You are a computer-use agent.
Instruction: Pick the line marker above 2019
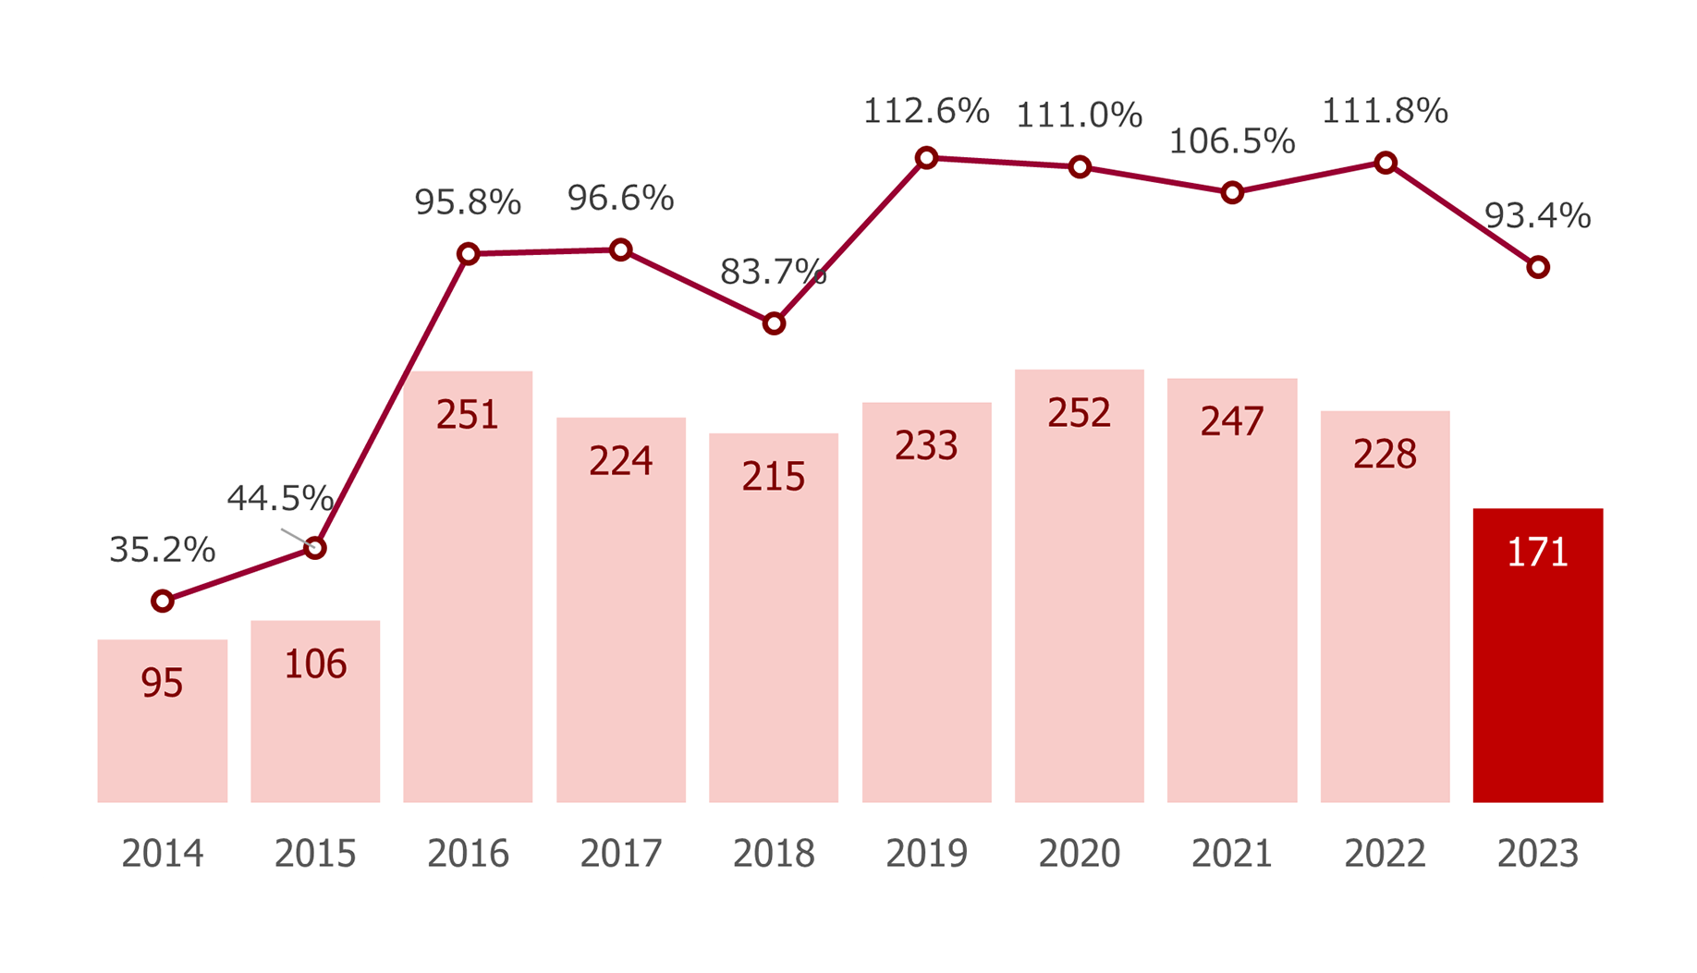click(x=926, y=158)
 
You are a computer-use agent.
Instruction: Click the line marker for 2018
click(x=774, y=323)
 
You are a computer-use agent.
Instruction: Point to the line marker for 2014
click(x=162, y=602)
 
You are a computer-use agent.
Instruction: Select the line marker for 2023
click(x=1537, y=267)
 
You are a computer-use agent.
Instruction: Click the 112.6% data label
click(x=925, y=111)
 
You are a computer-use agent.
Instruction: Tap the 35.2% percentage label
click(x=162, y=550)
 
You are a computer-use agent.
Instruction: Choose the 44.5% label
click(x=279, y=499)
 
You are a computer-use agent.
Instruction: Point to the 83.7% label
click(x=772, y=272)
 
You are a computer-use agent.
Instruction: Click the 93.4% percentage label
click(x=1536, y=216)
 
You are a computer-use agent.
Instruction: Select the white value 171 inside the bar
click(x=1537, y=553)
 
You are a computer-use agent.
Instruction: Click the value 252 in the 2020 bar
click(x=1079, y=413)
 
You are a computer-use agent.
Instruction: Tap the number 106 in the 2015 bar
click(x=315, y=664)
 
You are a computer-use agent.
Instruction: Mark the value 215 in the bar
click(x=774, y=477)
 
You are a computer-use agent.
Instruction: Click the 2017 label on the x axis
click(x=620, y=854)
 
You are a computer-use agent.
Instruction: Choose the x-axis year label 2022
click(x=1385, y=854)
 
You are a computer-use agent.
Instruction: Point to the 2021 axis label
click(x=1231, y=854)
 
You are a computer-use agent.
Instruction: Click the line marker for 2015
click(x=315, y=548)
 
